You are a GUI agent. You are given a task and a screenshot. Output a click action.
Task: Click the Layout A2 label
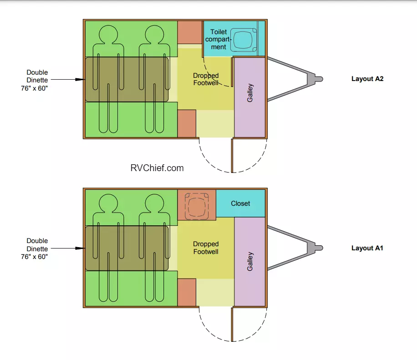(367, 79)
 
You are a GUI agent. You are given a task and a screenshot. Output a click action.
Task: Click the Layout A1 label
(367, 248)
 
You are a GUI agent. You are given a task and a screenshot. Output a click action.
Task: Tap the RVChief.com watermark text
(157, 168)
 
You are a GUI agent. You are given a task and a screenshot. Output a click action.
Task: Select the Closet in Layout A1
(240, 203)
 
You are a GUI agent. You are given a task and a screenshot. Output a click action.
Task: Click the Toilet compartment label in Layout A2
(219, 39)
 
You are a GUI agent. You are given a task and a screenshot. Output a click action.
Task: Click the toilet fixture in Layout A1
(196, 205)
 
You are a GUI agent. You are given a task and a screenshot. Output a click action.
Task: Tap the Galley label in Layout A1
(250, 262)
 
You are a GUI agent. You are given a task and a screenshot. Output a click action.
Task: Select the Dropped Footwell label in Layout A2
(206, 79)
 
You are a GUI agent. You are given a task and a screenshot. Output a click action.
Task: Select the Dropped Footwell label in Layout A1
(206, 248)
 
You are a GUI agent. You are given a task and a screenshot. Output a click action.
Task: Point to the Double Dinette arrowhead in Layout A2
(80, 79)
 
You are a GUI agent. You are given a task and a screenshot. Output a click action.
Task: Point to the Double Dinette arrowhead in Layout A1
(80, 248)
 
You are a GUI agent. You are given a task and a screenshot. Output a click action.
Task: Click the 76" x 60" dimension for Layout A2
(35, 88)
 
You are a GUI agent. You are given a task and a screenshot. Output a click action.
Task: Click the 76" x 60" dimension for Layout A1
(35, 257)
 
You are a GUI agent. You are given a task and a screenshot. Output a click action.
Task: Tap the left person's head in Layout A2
(108, 34)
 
